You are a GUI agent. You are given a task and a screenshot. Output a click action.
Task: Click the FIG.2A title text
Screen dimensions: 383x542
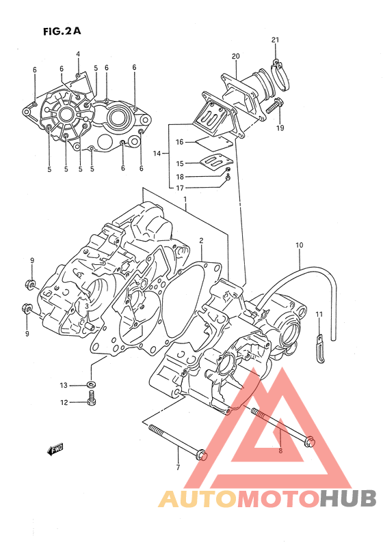click(x=62, y=31)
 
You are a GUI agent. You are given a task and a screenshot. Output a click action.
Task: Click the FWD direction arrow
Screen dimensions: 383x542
click(x=55, y=449)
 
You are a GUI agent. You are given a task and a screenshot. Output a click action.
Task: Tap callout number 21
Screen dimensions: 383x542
click(x=275, y=40)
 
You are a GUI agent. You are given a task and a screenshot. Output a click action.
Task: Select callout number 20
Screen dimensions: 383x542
click(x=235, y=56)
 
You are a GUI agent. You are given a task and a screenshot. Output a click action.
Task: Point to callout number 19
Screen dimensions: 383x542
click(x=280, y=128)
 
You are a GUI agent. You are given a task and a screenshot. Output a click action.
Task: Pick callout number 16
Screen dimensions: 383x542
click(x=179, y=142)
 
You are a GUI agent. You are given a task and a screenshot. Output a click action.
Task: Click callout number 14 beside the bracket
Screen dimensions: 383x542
click(x=157, y=153)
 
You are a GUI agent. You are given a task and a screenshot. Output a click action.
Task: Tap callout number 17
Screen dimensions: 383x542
click(x=180, y=188)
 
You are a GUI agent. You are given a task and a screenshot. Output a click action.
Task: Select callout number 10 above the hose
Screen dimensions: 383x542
click(x=299, y=245)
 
